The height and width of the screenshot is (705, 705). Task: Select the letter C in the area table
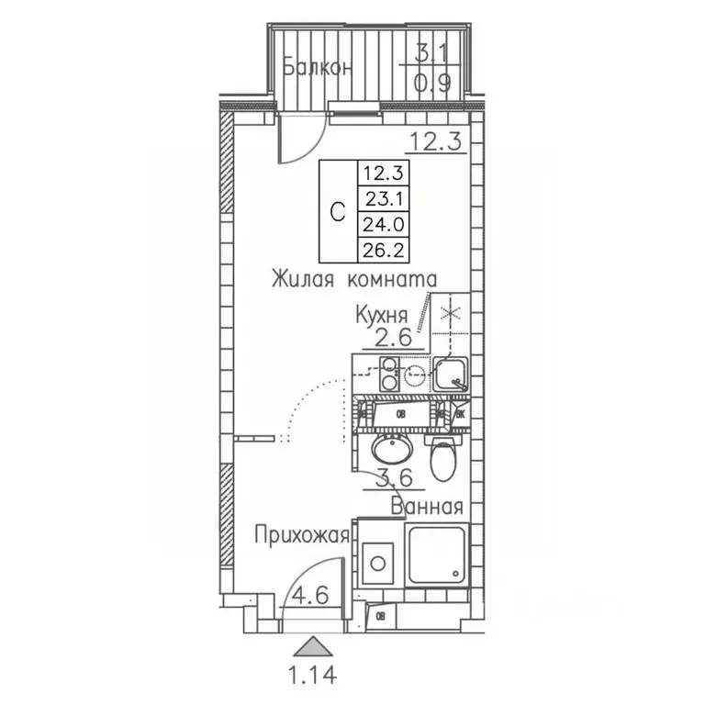[x=337, y=211]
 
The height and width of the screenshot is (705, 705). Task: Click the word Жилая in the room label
[x=301, y=278]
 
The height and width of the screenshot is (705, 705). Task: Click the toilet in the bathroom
[x=442, y=459]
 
